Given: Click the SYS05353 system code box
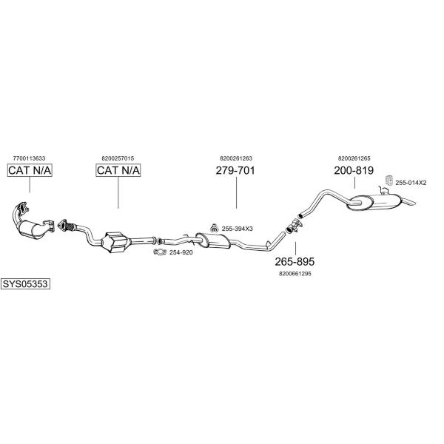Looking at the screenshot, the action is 25,283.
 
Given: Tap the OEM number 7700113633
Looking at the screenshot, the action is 29,158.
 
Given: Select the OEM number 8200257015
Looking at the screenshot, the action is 118,158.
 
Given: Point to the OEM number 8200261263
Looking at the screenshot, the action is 236,158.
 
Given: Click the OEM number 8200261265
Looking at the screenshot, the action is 354,158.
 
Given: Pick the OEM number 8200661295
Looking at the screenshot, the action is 295,274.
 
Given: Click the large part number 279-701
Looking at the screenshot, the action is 235,170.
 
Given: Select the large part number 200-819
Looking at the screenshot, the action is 354,170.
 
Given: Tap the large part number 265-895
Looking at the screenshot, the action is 295,262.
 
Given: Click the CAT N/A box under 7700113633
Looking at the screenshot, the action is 30,170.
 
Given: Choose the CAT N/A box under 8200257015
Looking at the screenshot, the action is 118,170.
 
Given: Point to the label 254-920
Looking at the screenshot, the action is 181,252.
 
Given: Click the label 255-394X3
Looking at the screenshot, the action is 238,229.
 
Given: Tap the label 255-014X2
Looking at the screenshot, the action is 411,183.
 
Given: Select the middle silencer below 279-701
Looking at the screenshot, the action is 213,240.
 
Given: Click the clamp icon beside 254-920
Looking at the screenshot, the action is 160,252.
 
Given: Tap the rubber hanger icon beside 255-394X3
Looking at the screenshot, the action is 215,227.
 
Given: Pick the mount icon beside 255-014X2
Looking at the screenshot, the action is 388,180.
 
